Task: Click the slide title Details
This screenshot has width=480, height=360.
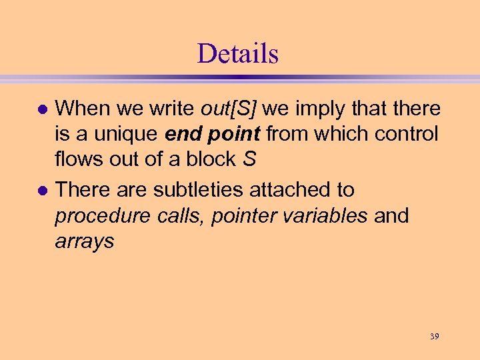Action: tap(237, 53)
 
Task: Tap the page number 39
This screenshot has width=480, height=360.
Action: tap(433, 336)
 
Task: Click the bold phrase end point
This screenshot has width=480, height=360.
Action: tap(213, 134)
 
